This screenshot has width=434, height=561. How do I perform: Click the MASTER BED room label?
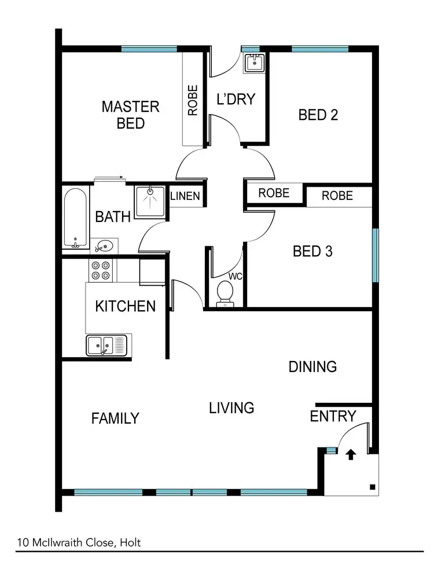coord(130,115)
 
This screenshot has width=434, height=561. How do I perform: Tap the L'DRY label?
coord(236,99)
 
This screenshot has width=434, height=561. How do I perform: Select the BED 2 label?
coord(318,115)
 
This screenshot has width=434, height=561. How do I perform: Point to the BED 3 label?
coord(312,252)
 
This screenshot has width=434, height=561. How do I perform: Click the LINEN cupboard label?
coord(185,196)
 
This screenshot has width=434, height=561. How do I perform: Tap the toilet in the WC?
coord(224,293)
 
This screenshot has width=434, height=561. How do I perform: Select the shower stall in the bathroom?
coord(150,201)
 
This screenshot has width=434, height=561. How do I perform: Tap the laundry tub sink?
coord(254,63)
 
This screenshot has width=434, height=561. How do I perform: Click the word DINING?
coord(312,366)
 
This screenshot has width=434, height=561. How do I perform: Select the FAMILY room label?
coord(115,418)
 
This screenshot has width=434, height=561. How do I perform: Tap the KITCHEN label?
coord(125,306)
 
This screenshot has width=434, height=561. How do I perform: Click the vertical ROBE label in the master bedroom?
coord(193,100)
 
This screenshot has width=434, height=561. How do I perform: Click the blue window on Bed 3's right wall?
coord(375,256)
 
